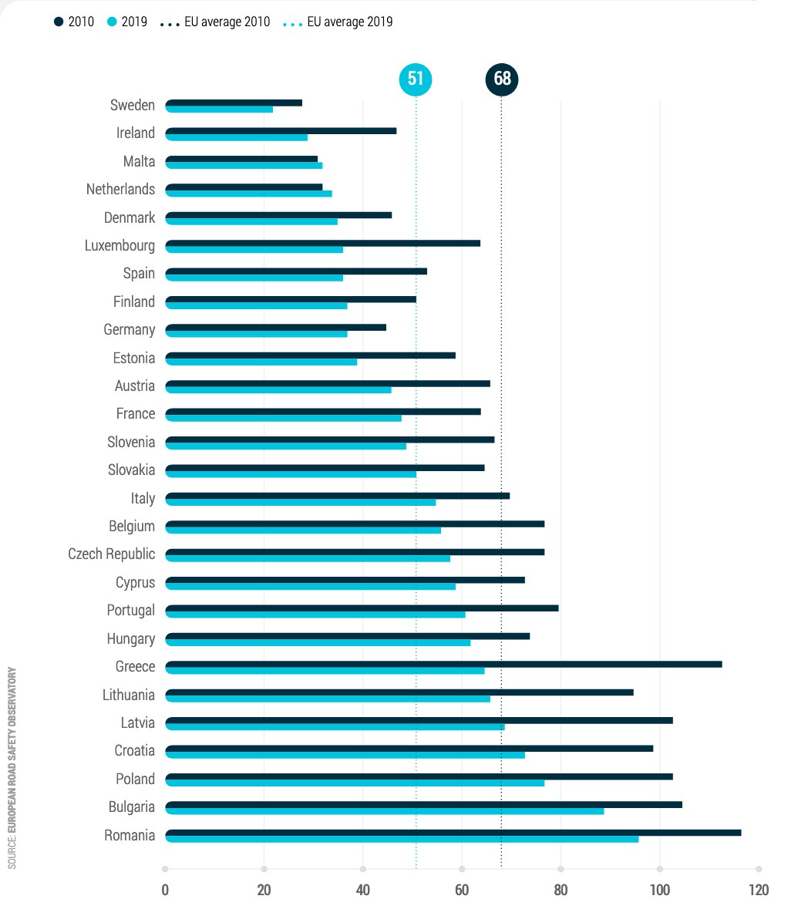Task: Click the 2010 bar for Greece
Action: coord(443,664)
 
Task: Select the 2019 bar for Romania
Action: coord(402,839)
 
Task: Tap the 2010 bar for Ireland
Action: coord(281,130)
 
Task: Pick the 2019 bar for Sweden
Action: coord(219,109)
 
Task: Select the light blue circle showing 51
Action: coord(416,79)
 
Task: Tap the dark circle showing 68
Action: coord(502,79)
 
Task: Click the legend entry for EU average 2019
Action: coord(342,22)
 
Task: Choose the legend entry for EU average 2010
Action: coord(219,22)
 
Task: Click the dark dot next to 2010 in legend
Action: coord(59,22)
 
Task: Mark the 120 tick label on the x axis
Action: coord(758,890)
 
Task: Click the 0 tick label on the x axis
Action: coord(165,890)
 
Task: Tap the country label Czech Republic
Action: coord(111,554)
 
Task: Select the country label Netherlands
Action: coord(120,190)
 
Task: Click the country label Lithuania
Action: coord(129,695)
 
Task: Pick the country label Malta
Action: coord(139,162)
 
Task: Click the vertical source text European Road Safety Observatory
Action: coord(12,768)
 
